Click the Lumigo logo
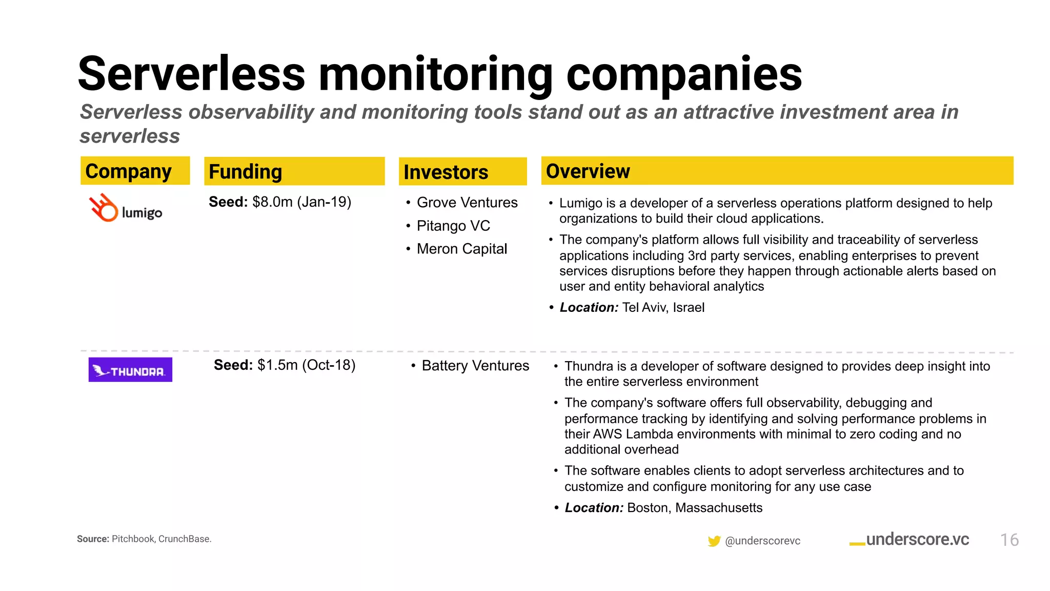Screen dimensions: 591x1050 126,208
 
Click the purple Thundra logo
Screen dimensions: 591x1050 130,370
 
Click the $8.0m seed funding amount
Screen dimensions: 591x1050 272,202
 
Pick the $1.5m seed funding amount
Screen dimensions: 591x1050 277,365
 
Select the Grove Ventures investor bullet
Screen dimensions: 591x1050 467,203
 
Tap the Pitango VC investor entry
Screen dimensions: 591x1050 453,226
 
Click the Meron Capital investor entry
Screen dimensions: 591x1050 461,249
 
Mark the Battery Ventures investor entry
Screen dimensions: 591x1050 475,366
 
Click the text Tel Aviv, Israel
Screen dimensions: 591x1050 663,307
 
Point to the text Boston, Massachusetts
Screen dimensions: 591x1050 694,508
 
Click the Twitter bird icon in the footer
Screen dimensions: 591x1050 714,541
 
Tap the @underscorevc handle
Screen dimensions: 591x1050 762,541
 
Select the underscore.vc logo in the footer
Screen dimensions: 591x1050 910,540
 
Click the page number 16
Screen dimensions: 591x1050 1009,540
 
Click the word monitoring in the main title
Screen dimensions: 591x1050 435,74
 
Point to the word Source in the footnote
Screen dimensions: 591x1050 93,539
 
